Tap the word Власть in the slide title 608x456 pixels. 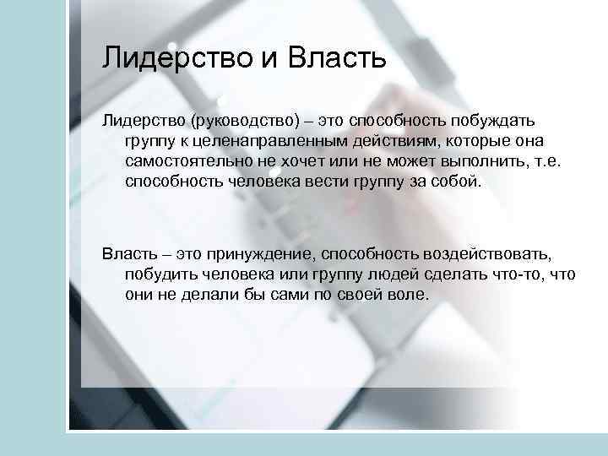[338, 58]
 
